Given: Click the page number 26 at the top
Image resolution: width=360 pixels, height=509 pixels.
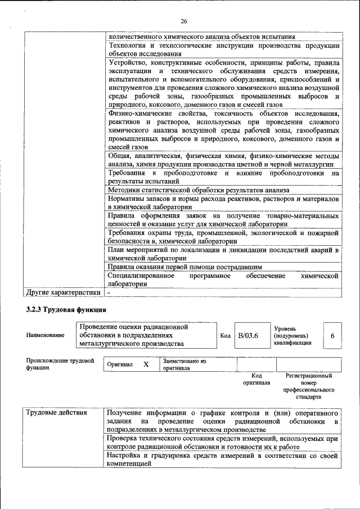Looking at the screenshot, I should pyautogui.click(x=183, y=21).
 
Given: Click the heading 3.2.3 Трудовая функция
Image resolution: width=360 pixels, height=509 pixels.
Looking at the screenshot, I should pyautogui.click(x=65, y=310).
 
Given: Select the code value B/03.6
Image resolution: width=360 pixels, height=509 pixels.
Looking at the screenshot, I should pyautogui.click(x=247, y=335).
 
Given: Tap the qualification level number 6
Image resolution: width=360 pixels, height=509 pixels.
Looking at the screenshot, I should pyautogui.click(x=332, y=335).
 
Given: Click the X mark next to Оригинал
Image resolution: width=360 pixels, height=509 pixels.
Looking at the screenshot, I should pyautogui.click(x=146, y=364).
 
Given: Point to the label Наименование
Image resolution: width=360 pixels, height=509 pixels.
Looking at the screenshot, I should pyautogui.click(x=45, y=335).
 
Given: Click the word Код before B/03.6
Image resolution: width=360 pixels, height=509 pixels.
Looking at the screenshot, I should pyautogui.click(x=225, y=336).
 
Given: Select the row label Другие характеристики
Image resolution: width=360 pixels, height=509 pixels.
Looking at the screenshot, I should pyautogui.click(x=64, y=292).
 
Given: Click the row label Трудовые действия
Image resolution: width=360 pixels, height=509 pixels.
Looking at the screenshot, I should pyautogui.click(x=56, y=413).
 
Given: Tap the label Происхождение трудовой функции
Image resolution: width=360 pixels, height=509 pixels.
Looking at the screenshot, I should pyautogui.click(x=60, y=364).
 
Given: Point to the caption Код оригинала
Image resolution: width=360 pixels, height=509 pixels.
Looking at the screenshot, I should pyautogui.click(x=256, y=379).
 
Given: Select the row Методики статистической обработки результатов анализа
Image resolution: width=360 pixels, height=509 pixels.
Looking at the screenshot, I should pyautogui.click(x=199, y=190).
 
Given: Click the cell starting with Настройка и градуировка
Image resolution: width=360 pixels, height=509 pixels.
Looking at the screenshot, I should pyautogui.click(x=223, y=460).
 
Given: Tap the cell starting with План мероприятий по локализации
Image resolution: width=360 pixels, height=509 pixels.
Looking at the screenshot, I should pyautogui.click(x=223, y=254).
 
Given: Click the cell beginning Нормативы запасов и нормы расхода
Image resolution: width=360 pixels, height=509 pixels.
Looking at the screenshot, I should pyautogui.click(x=223, y=203).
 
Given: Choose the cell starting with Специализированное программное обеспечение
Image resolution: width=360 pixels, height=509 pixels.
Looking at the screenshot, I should pyautogui.click(x=223, y=280).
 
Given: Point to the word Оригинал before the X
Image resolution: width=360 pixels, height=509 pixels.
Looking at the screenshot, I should pyautogui.click(x=120, y=365).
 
